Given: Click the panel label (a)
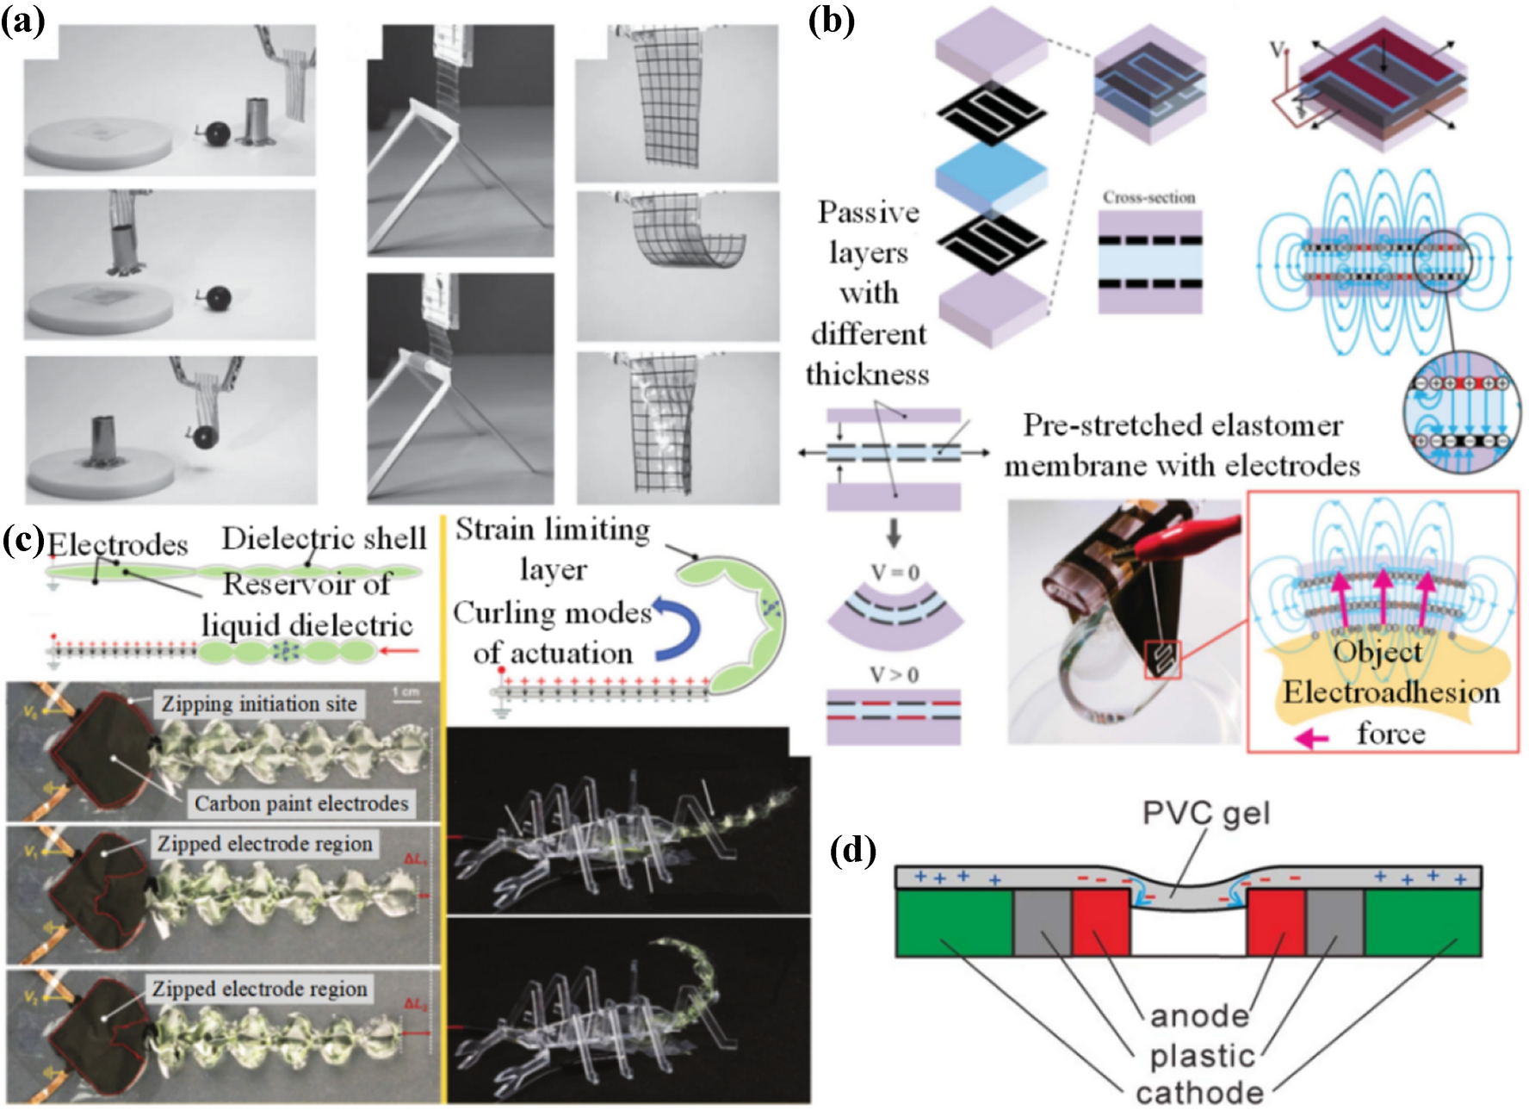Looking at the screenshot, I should [22, 21].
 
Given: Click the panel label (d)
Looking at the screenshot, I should [852, 851].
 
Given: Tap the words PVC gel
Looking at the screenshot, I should [1205, 813].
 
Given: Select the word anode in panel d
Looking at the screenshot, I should [1199, 1016].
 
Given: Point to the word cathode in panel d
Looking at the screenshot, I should [1199, 1093].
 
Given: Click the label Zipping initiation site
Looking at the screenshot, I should [259, 704].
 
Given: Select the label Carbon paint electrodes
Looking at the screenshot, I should [300, 803].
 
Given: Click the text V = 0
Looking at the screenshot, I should [894, 573].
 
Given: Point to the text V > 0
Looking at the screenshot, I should [894, 674].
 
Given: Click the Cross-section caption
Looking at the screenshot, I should [1149, 197].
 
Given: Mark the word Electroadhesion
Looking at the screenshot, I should [1391, 692].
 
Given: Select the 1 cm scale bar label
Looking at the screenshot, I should [405, 691].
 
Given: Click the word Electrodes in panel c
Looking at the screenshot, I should [117, 544].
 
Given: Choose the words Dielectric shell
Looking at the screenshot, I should [324, 538].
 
